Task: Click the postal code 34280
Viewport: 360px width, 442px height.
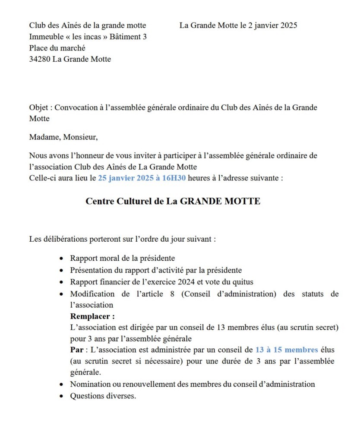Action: click(40, 60)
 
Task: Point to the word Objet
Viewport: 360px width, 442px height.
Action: click(39, 107)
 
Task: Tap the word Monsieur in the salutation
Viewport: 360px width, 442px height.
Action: click(81, 137)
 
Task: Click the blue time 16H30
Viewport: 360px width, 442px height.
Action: click(173, 178)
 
